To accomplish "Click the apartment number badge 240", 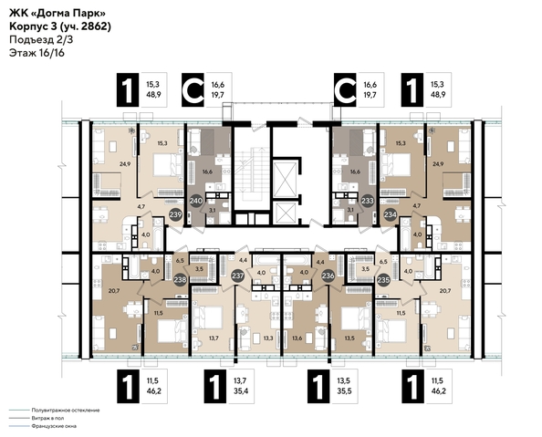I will [x=195, y=202].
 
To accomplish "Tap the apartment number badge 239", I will [x=175, y=215].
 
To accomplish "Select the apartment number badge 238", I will [x=181, y=280].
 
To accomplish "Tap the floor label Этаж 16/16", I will [x=32, y=54].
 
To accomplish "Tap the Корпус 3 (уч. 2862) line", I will [x=54, y=26].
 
